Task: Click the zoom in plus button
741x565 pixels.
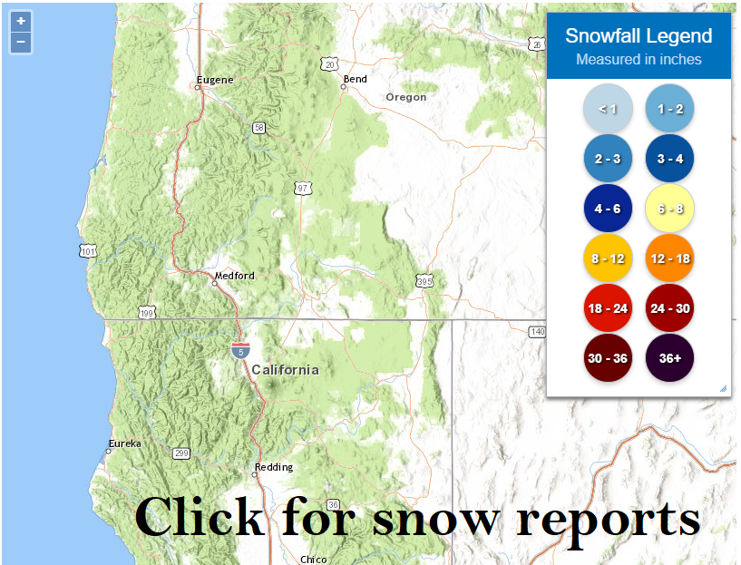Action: point(21,21)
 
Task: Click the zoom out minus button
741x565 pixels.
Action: point(21,42)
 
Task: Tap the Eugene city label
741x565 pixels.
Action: point(215,80)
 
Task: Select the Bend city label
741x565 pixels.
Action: point(355,79)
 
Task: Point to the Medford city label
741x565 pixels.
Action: point(235,276)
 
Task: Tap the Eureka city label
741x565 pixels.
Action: point(125,443)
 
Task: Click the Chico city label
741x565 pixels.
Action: point(313,560)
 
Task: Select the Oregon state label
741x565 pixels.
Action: point(405,97)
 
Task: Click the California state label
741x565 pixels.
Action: point(285,370)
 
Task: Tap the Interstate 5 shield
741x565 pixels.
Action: point(240,349)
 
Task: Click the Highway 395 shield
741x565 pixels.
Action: point(424,282)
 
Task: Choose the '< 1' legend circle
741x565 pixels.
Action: point(607,109)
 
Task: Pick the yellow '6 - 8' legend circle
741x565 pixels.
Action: point(670,209)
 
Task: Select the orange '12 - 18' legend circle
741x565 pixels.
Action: point(670,258)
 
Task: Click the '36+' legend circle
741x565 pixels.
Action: point(670,358)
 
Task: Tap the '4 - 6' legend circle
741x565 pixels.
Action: point(607,209)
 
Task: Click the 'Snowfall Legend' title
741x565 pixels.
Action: point(639,36)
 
